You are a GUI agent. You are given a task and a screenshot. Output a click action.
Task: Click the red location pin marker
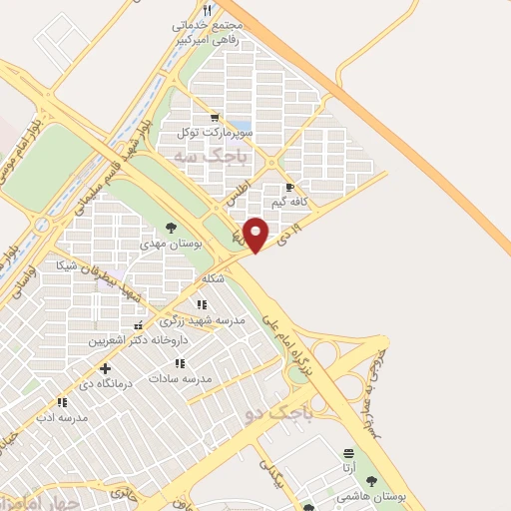pos(256,235)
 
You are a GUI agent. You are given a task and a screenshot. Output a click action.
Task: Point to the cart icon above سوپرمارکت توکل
pos(212,118)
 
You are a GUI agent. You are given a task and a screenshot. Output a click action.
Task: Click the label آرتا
pos(347,467)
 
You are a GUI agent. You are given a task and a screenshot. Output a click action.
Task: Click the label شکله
pos(210,278)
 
